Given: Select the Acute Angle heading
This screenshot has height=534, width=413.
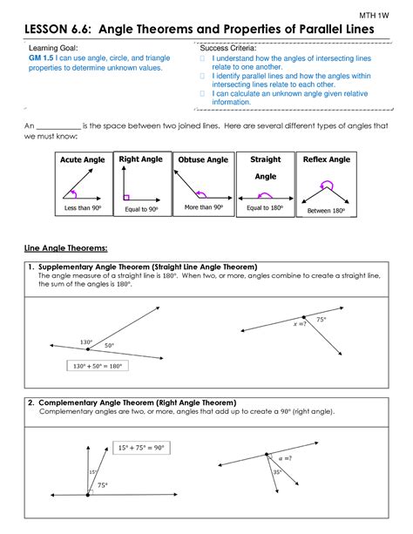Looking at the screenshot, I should (82, 160).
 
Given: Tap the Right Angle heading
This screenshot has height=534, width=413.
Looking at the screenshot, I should (141, 160).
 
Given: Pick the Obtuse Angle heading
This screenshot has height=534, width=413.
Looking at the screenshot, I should (203, 160).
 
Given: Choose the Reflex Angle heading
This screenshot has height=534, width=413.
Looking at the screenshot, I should (327, 160).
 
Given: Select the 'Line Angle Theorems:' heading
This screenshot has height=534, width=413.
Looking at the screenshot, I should (62, 247).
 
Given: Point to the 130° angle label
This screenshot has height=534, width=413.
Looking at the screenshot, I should (86, 341).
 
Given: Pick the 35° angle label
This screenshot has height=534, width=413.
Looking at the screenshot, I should (277, 472).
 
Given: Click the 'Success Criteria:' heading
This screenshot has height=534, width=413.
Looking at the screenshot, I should (228, 49).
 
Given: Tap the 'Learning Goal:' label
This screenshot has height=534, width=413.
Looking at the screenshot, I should (56, 49).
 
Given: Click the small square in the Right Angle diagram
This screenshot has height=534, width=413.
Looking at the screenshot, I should (126, 197).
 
